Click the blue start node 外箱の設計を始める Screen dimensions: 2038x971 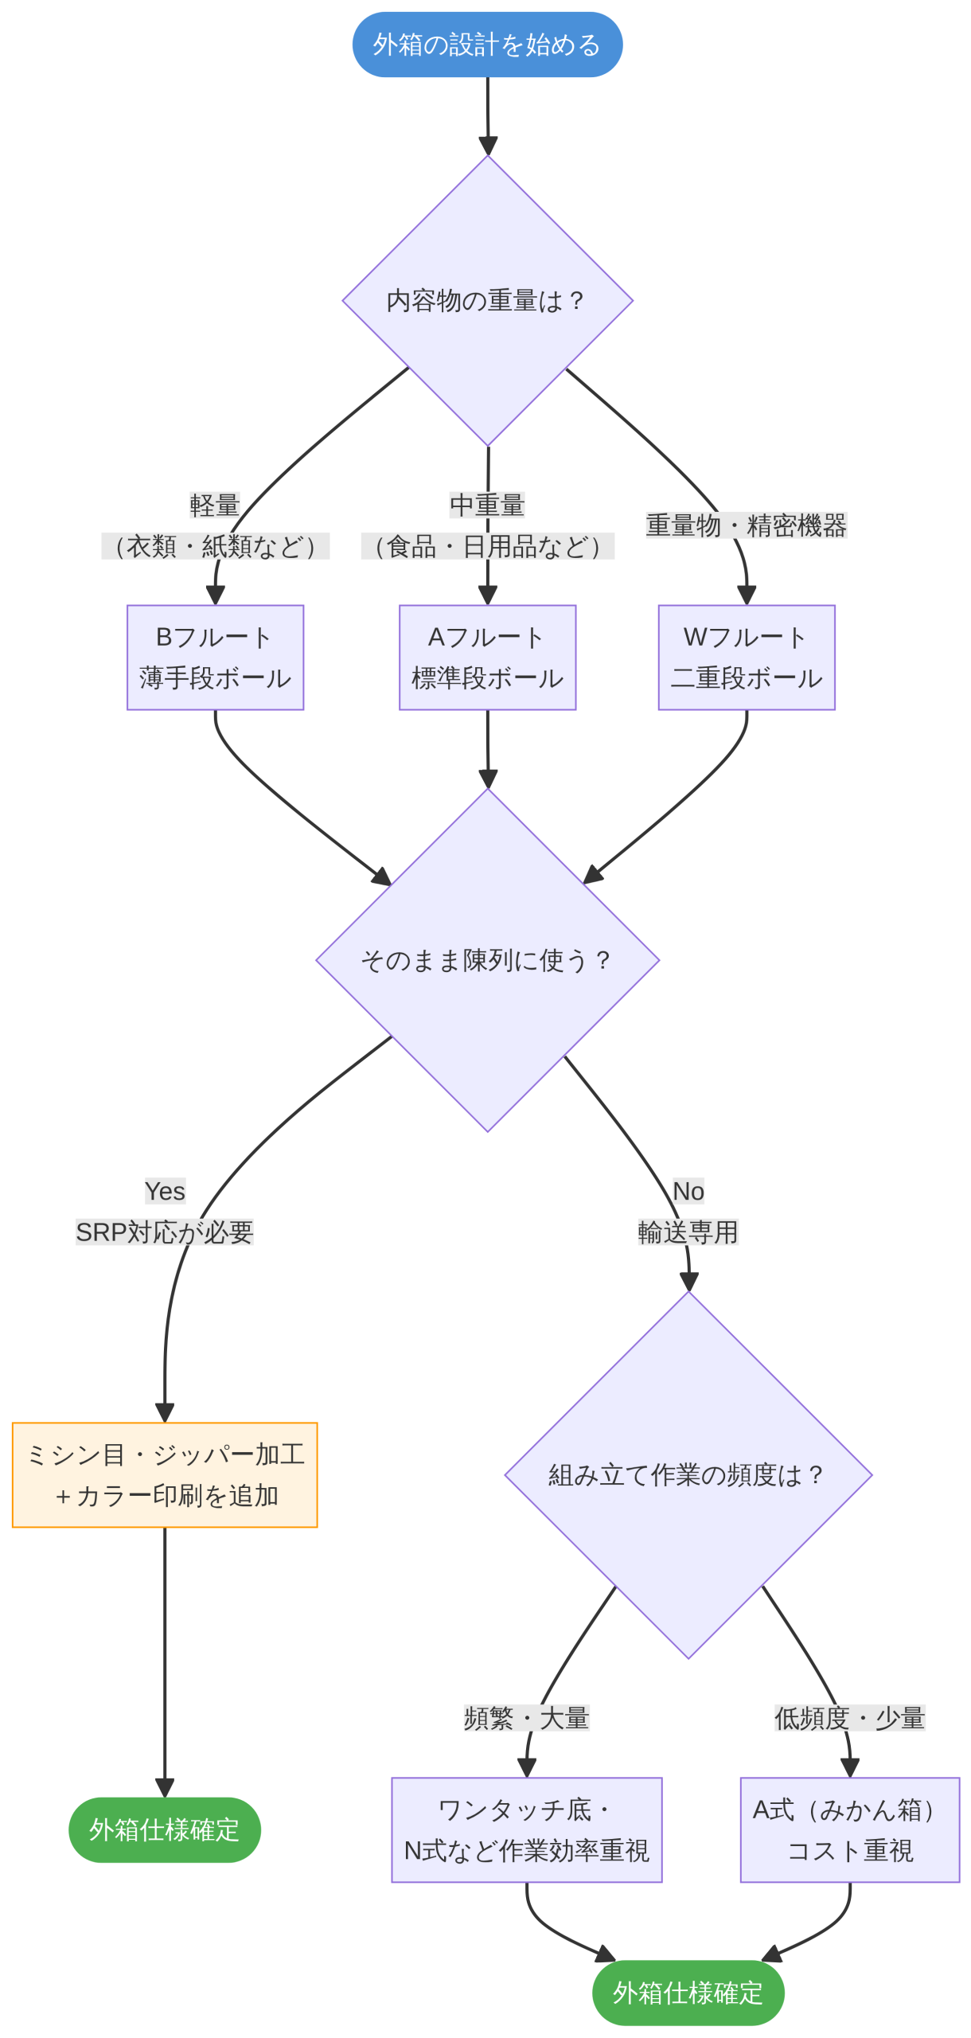tap(487, 45)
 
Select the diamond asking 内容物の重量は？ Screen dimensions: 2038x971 tap(487, 301)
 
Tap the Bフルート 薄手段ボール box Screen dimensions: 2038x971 tap(215, 657)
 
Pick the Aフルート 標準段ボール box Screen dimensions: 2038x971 tap(487, 657)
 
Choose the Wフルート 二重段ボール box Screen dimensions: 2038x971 tap(746, 657)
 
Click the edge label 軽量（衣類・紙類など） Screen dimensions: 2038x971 tap(215, 526)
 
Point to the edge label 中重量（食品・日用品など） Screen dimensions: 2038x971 tap(487, 526)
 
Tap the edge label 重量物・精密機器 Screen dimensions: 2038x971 tap(746, 525)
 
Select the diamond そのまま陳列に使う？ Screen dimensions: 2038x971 tap(487, 959)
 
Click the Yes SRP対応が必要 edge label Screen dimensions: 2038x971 tap(165, 1212)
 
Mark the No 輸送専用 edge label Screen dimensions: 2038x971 tap(688, 1212)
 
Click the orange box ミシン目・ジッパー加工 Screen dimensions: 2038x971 tap(165, 1474)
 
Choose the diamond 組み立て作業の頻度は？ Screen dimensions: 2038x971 tap(688, 1474)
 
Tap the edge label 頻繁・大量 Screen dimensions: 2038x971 tap(526, 1718)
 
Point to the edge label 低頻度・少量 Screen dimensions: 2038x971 tap(849, 1718)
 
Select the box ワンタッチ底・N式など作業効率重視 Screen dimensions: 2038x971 tap(526, 1829)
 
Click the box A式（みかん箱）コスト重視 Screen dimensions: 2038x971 tap(849, 1829)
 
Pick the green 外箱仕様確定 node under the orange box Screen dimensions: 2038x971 tap(165, 1829)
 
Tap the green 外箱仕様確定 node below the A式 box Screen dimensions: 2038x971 tap(688, 1993)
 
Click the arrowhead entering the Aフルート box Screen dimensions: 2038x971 tap(487, 596)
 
